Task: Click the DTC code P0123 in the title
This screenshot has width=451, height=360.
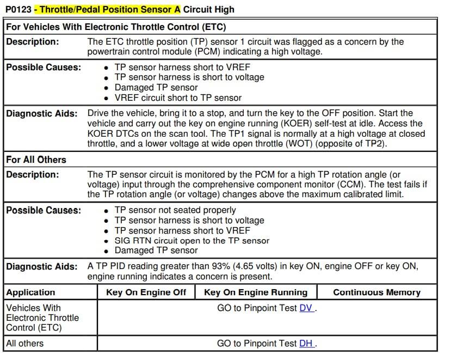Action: (x=18, y=9)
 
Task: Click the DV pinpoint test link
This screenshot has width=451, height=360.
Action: (x=306, y=308)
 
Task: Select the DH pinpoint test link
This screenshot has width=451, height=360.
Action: (x=306, y=343)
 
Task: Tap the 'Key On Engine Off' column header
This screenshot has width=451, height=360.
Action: (x=146, y=292)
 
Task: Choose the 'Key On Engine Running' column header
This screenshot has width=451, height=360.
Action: (x=255, y=292)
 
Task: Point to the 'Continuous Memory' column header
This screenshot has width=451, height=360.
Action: (x=376, y=292)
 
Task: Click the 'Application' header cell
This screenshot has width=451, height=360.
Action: (x=30, y=292)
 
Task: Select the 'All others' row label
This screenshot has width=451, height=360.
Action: (x=24, y=343)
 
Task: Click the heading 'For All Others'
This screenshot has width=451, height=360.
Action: (x=36, y=160)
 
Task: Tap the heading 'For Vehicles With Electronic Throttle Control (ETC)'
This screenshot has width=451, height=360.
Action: (x=116, y=27)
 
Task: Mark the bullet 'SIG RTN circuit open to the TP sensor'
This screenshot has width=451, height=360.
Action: (x=192, y=241)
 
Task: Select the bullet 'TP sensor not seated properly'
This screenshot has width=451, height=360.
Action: (x=175, y=210)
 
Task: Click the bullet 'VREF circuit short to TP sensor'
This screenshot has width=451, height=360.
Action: (x=178, y=98)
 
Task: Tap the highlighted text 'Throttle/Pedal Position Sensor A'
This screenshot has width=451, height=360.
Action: (x=110, y=9)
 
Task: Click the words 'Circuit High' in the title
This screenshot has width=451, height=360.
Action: (x=209, y=9)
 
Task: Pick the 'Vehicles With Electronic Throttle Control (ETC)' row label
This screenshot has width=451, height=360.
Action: (x=42, y=318)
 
